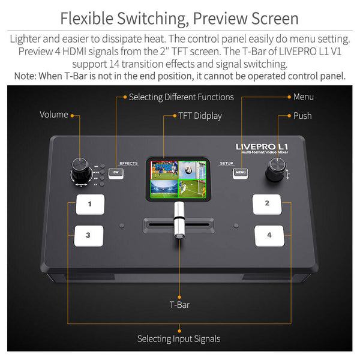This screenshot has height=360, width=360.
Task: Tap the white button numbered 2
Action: click(x=267, y=204)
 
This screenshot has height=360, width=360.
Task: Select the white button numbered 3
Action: click(x=89, y=235)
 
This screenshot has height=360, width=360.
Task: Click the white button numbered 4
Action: click(x=268, y=235)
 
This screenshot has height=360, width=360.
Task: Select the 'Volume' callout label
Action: click(x=54, y=114)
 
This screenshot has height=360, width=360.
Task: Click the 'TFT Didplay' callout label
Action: click(x=200, y=115)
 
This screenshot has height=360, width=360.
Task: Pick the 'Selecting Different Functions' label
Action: click(x=181, y=97)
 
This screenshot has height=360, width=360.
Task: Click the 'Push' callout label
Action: click(x=302, y=115)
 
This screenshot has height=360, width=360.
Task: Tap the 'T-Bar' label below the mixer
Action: click(x=179, y=305)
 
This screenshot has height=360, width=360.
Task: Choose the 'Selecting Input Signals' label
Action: click(x=179, y=339)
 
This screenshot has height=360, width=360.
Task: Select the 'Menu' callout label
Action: click(x=304, y=97)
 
